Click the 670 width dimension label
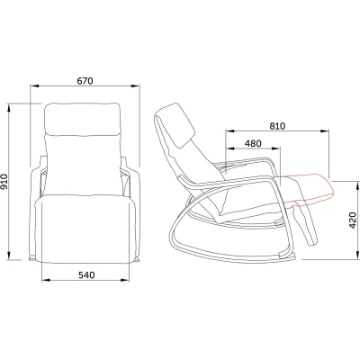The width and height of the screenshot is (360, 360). [x=85, y=81]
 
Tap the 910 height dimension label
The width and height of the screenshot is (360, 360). [x=4, y=182]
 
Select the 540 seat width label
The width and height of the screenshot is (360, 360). [x=86, y=274]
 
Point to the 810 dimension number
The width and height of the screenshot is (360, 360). [x=276, y=126]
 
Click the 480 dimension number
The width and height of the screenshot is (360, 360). [x=253, y=144]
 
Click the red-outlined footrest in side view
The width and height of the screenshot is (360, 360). [x=310, y=189]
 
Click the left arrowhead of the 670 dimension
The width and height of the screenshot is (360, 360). [x=34, y=86]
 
